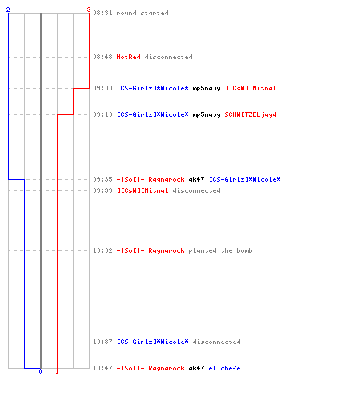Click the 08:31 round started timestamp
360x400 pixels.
pyautogui.click(x=102, y=13)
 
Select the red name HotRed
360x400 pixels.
pyautogui.click(x=128, y=57)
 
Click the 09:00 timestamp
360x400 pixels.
pyautogui.click(x=102, y=88)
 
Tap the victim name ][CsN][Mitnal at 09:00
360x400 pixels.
pyautogui.click(x=250, y=88)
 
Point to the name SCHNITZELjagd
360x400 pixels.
pyautogui.click(x=250, y=114)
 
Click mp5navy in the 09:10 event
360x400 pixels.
pyautogui.click(x=206, y=114)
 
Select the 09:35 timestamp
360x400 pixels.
pyautogui.click(x=102, y=179)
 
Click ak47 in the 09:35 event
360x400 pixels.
pyautogui.click(x=196, y=179)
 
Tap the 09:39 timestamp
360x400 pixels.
pyautogui.click(x=102, y=190)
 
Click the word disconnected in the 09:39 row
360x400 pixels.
pyautogui.click(x=196, y=190)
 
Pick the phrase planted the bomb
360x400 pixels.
pyautogui.click(x=220, y=250)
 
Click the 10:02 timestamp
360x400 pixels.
pyautogui.click(x=102, y=250)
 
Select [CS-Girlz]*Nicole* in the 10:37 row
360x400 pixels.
pyautogui.click(x=153, y=342)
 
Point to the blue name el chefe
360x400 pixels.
pyautogui.click(x=224, y=368)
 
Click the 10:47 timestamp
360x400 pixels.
pyautogui.click(x=102, y=368)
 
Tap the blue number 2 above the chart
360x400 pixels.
pyautogui.click(x=8, y=10)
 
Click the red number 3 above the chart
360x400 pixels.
pyautogui.click(x=89, y=10)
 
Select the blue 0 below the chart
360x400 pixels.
pyautogui.click(x=40, y=371)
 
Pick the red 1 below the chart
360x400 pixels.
pyautogui.click(x=57, y=371)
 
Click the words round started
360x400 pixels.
pyautogui.click(x=142, y=13)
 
